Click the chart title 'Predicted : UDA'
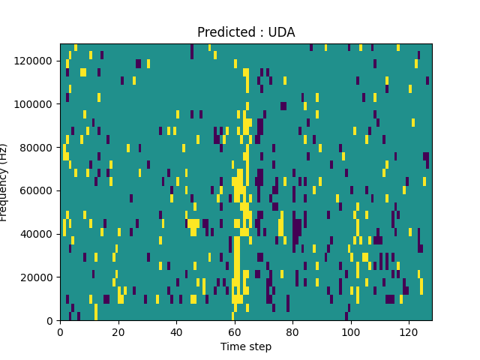coord(246,32)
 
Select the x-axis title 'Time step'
coord(246,346)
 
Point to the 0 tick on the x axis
coord(60,331)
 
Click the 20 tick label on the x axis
coord(118,331)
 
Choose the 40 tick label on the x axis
coord(176,331)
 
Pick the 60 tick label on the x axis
coord(235,331)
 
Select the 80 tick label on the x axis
coord(292,331)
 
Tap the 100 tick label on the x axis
coord(350,331)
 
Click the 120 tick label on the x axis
coord(409,331)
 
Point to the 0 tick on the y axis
coord(51,321)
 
